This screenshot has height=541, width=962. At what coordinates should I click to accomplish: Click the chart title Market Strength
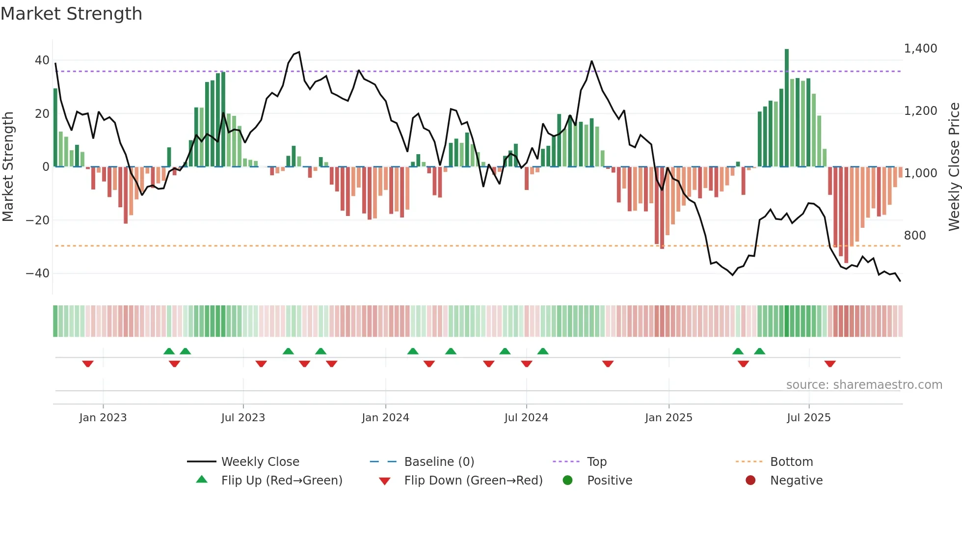click(71, 14)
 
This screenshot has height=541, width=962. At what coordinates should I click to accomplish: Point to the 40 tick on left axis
click(42, 60)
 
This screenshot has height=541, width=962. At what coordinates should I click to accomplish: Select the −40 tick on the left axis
click(38, 273)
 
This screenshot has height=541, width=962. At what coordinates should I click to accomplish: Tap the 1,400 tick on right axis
click(920, 49)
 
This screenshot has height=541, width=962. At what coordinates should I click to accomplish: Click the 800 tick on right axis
click(915, 236)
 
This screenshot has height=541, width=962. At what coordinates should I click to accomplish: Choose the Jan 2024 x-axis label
click(385, 418)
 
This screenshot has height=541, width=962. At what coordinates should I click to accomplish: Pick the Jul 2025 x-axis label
click(808, 418)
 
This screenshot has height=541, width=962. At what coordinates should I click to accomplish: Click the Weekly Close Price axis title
click(954, 166)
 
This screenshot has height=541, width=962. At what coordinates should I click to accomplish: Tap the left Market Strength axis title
click(8, 166)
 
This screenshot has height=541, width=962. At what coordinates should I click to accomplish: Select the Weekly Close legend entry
click(260, 462)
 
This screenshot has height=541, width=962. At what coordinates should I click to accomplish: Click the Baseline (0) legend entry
click(439, 462)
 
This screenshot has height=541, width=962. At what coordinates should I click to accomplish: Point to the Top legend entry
click(596, 462)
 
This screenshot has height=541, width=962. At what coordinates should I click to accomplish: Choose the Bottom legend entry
click(791, 462)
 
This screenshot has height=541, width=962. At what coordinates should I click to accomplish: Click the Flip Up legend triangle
click(202, 480)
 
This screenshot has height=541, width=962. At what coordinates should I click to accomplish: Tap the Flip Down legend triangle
click(385, 481)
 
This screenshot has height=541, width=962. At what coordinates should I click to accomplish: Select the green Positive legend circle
click(567, 480)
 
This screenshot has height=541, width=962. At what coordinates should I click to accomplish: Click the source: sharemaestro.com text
click(864, 385)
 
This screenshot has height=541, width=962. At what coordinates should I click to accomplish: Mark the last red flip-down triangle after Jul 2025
click(830, 364)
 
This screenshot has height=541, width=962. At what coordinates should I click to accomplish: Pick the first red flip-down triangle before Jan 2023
click(88, 364)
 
